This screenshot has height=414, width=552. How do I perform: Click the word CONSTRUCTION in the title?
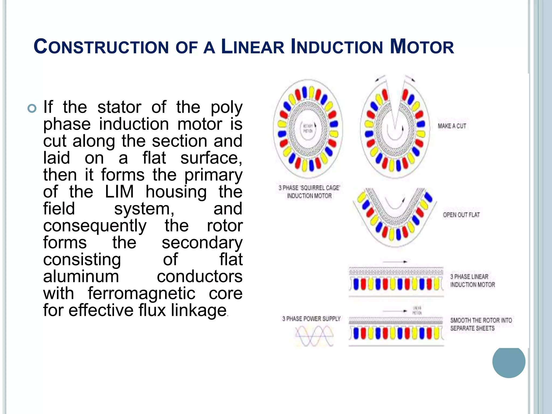click(x=101, y=47)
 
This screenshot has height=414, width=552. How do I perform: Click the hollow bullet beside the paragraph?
click(x=32, y=108)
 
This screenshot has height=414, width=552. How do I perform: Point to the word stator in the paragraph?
click(x=119, y=107)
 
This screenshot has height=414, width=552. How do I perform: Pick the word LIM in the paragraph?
click(x=119, y=192)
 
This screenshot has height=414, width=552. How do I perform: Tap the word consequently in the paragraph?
click(x=95, y=226)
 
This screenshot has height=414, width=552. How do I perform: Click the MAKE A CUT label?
click(x=452, y=126)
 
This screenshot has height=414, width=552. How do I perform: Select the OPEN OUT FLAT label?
click(x=461, y=215)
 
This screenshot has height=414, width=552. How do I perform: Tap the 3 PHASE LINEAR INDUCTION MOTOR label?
click(x=472, y=281)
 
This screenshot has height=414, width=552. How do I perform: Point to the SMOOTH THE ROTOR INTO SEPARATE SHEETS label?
click(x=481, y=324)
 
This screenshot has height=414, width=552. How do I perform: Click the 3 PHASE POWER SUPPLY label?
click(x=311, y=319)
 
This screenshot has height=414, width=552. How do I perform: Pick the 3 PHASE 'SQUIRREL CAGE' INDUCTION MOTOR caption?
click(x=309, y=192)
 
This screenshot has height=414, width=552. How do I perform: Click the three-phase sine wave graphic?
click(x=314, y=336)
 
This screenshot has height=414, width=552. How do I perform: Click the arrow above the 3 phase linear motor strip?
click(x=395, y=261)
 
